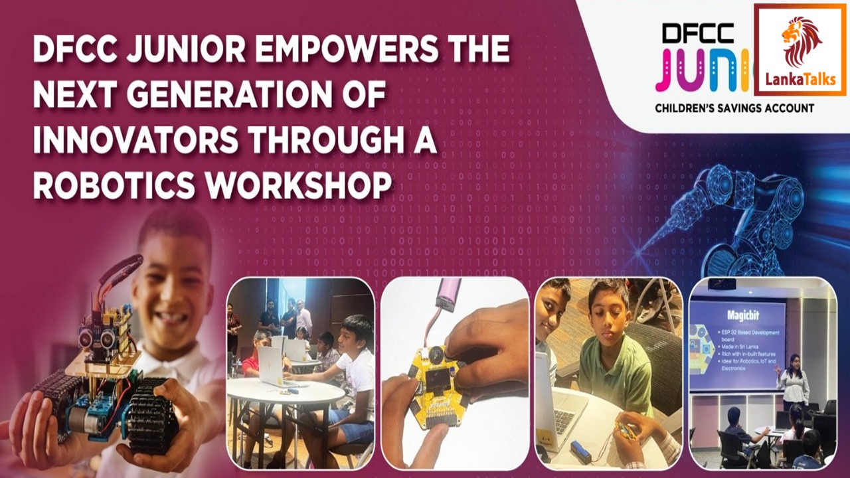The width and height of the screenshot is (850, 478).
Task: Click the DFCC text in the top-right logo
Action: coord(697,33)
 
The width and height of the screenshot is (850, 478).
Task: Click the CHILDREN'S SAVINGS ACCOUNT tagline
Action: coord(734,108)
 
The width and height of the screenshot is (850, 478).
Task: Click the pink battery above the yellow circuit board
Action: coord(448,291)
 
